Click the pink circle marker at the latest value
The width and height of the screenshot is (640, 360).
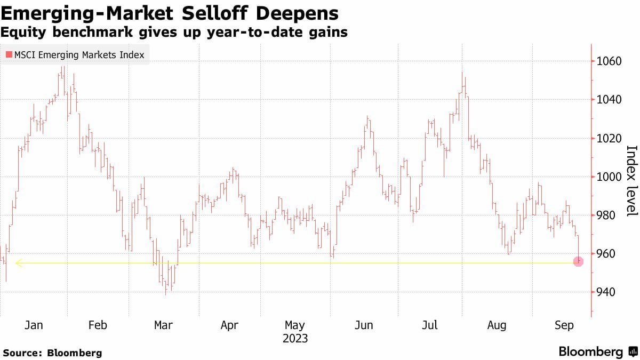tap(579, 261)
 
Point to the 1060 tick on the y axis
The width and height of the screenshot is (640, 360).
tap(609, 61)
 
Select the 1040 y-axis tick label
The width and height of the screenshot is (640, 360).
tap(609, 100)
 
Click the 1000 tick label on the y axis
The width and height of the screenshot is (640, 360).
tap(609, 177)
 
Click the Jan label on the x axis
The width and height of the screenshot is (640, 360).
tap(34, 325)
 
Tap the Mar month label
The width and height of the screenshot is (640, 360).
tap(163, 325)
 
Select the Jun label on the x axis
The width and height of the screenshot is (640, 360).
tap(364, 325)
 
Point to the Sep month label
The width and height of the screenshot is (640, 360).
tap(563, 325)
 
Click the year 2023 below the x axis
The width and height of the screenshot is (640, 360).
tap(295, 338)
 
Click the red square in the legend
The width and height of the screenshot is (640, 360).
tap(8, 55)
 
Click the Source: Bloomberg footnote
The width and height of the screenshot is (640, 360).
tap(52, 353)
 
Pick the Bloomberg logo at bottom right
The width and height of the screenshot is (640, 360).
tap(597, 352)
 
